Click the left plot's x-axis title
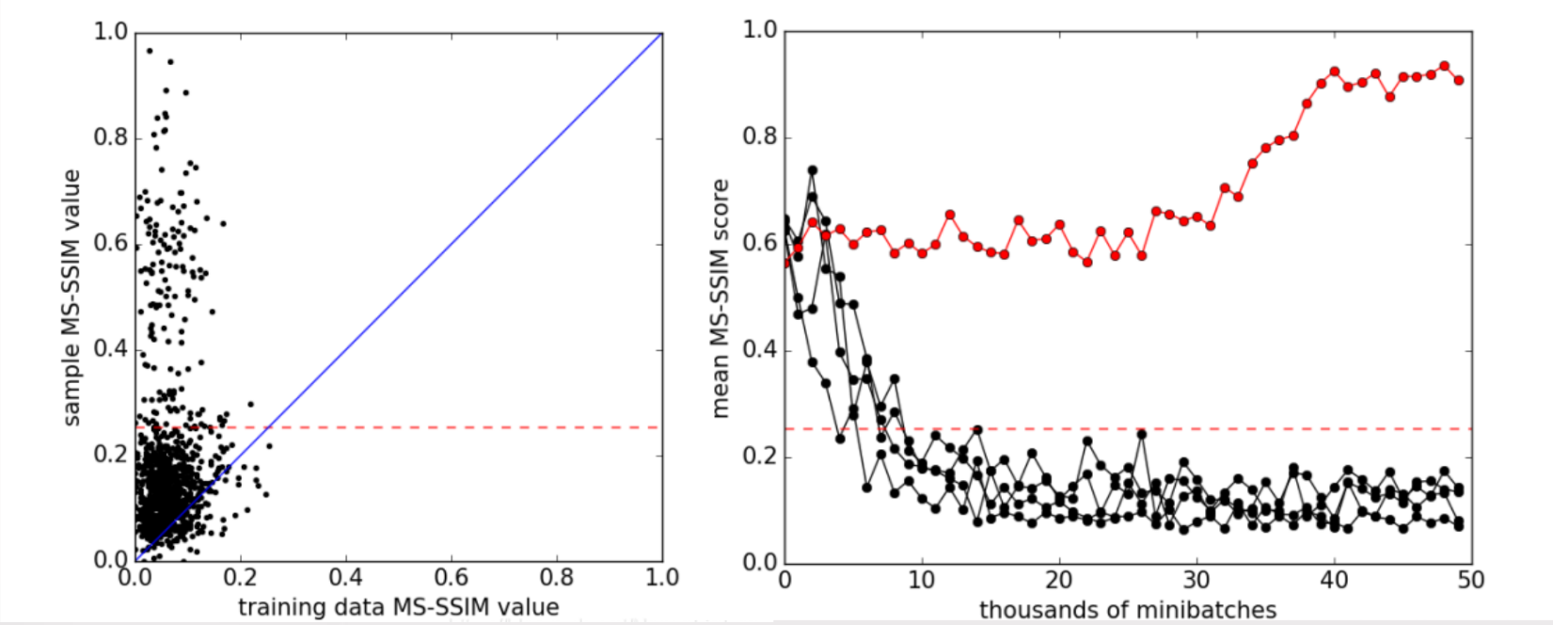[x=398, y=607]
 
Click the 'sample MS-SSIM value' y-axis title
[x=71, y=297]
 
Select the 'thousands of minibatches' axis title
[x=1128, y=609]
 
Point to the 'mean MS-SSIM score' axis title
[x=721, y=297]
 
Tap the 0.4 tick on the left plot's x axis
[x=346, y=577]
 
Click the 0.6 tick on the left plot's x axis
[x=452, y=577]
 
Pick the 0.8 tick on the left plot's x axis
[x=557, y=577]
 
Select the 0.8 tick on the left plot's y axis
[x=110, y=138]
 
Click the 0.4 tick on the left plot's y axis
[x=110, y=349]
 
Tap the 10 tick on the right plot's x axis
[x=922, y=579]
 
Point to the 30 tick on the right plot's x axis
[x=1196, y=579]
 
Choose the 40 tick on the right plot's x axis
[x=1334, y=579]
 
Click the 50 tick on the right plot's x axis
[x=1471, y=579]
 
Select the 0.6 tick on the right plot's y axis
[x=760, y=244]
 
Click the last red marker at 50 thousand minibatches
[x=1458, y=80]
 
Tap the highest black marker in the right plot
[x=813, y=170]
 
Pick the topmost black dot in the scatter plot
[x=149, y=51]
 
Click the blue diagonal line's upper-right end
[x=661, y=34]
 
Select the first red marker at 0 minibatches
[x=786, y=263]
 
